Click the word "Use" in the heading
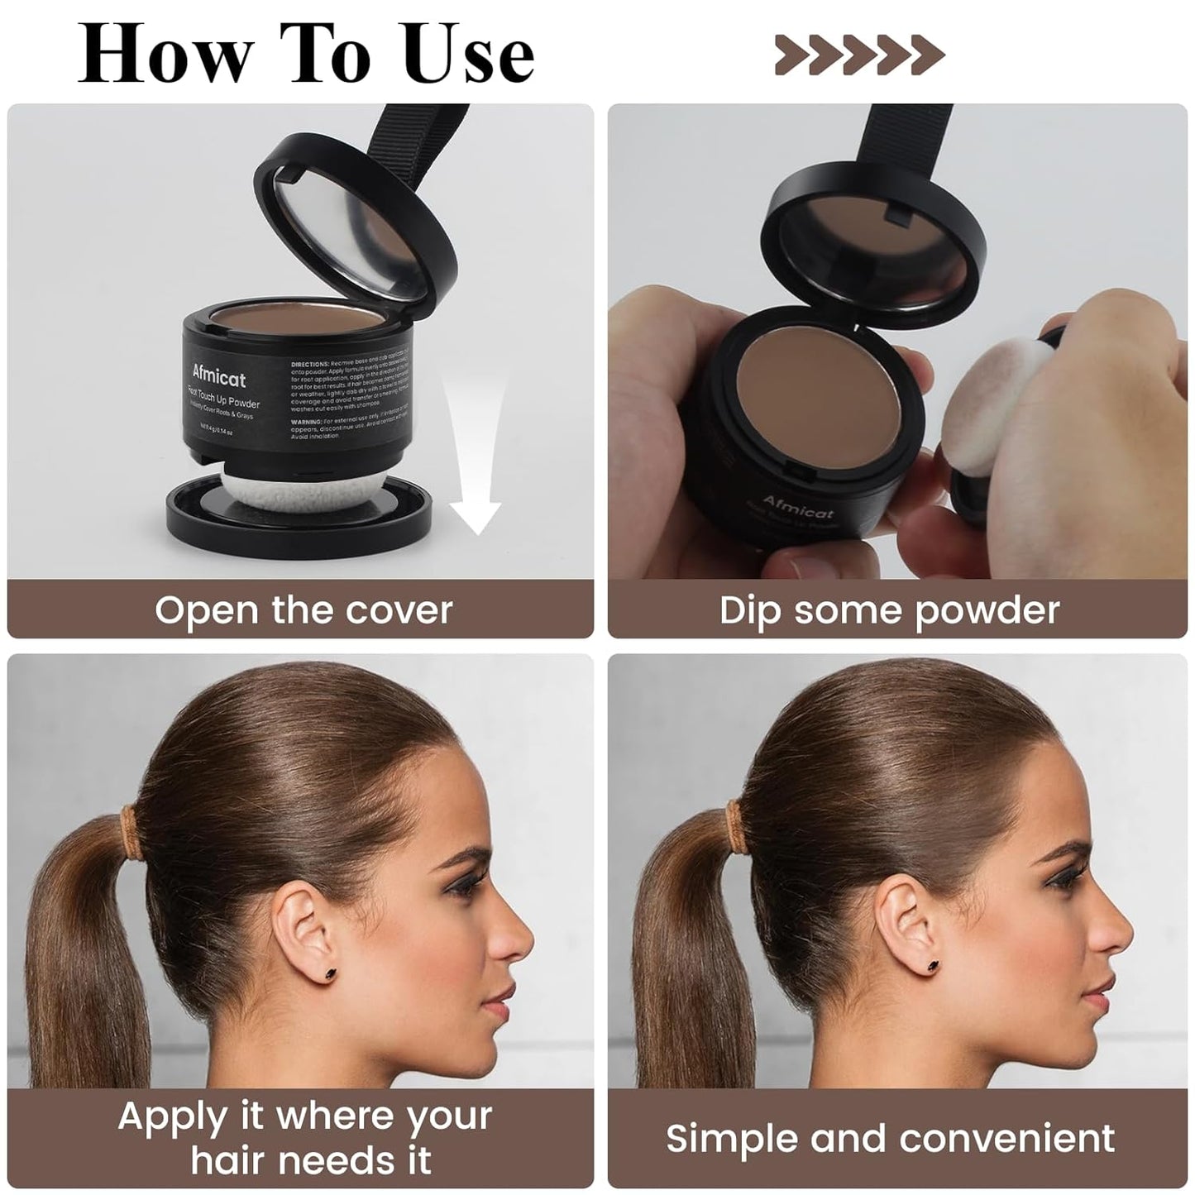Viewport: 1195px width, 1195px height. (471, 55)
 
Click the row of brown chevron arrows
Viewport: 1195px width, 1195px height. (859, 55)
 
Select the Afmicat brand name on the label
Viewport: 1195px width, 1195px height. (219, 377)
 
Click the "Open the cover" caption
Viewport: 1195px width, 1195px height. (303, 610)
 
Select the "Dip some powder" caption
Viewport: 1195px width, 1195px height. (889, 610)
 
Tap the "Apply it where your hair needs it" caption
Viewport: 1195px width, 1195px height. (305, 1138)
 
